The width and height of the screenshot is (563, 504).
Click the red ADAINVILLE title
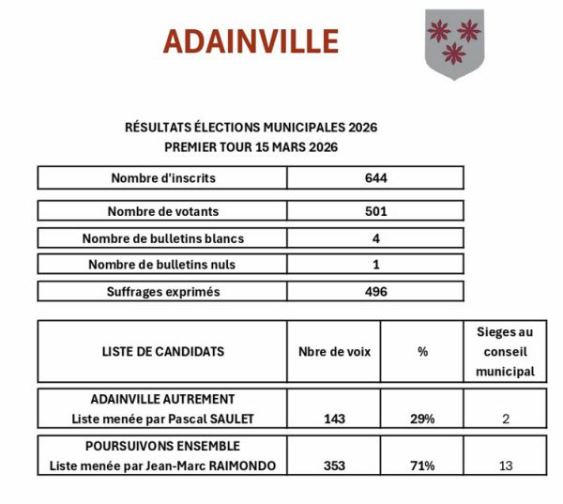tap(251, 41)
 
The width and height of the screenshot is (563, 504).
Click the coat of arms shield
tap(454, 43)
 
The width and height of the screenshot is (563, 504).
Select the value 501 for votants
tap(375, 212)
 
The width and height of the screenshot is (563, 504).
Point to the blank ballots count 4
tap(375, 238)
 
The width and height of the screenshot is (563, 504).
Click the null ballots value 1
tap(375, 265)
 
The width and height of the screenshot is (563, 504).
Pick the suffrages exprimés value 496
tap(375, 292)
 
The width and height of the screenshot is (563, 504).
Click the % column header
tap(421, 351)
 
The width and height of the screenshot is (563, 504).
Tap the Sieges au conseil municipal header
tap(505, 351)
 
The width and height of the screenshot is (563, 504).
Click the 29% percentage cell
tap(421, 419)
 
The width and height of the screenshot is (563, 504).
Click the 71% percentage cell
tap(421, 466)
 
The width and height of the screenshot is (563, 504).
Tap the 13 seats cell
tap(505, 466)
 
